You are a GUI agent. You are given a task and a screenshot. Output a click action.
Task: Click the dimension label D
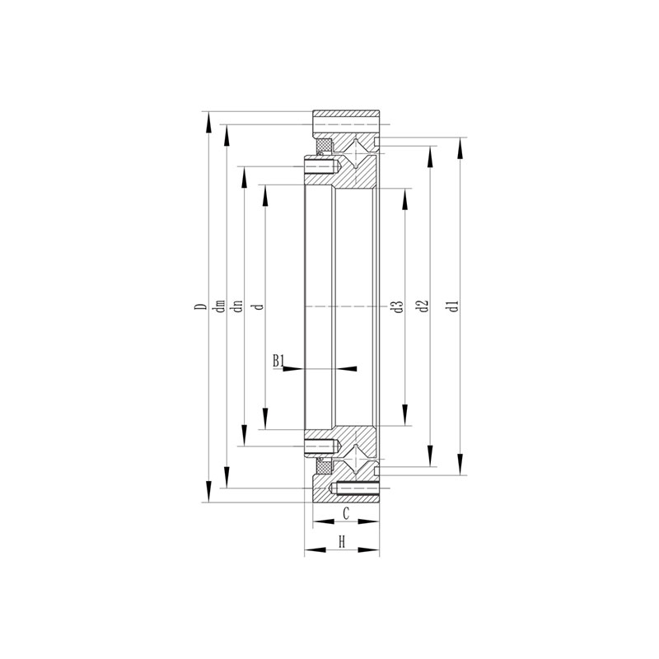(x=203, y=306)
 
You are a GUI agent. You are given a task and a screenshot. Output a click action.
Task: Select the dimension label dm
(x=220, y=306)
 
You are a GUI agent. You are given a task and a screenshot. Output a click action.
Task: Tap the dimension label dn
(x=238, y=306)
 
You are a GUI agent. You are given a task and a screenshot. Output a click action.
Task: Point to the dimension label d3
(x=399, y=306)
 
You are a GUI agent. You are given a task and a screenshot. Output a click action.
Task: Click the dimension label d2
(x=423, y=306)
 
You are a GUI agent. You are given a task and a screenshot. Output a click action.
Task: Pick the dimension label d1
(x=454, y=306)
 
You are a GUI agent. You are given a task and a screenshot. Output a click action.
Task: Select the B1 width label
(x=278, y=361)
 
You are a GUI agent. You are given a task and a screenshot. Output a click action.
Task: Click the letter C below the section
(x=346, y=513)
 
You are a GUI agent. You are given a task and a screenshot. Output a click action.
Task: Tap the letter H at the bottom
(x=342, y=542)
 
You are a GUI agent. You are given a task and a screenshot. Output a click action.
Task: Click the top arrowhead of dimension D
(x=208, y=122)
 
